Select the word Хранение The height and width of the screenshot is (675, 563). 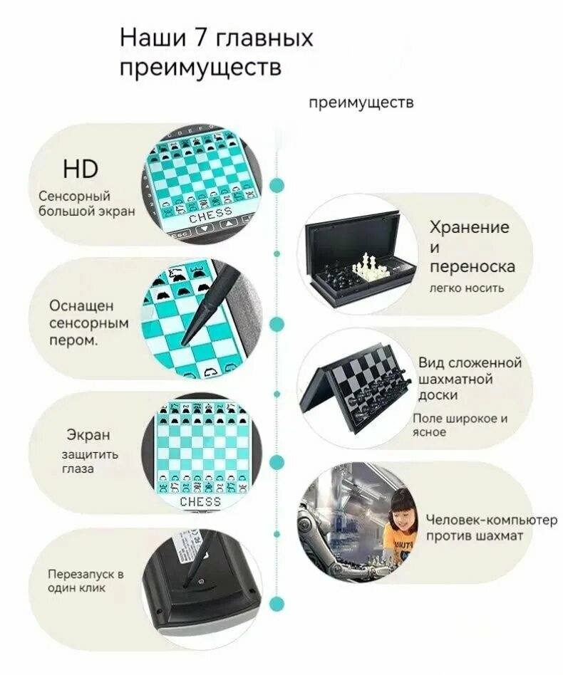point(469,227)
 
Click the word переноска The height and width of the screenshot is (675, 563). point(472,266)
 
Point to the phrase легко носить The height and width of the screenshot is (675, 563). point(467,288)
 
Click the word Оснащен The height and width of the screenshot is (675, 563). point(81,306)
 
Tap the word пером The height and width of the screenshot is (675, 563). point(73,340)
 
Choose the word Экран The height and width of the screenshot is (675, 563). point(88,435)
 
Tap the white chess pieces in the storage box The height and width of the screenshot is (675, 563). point(366,265)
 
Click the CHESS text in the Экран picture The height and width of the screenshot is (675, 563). point(200,501)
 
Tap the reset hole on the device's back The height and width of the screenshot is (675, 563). point(201,582)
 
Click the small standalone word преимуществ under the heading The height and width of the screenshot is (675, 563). point(361,103)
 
